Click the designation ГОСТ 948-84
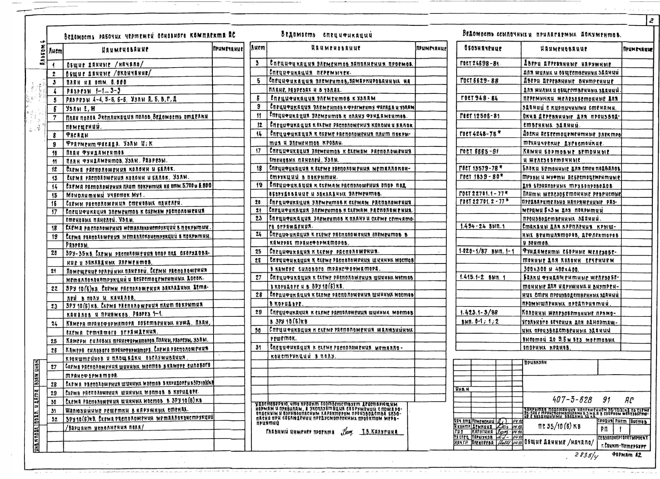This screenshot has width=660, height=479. click(x=479, y=98)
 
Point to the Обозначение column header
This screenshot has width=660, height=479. click(x=483, y=48)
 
